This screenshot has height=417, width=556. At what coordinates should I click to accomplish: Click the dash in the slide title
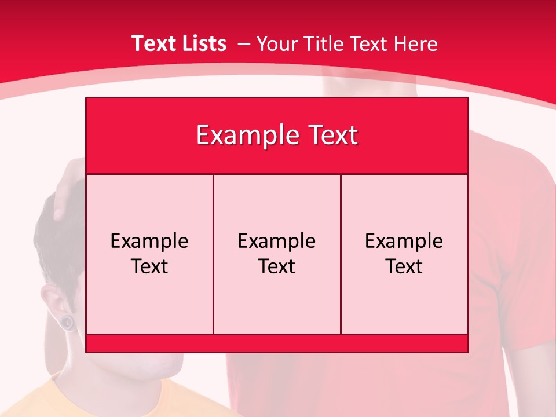[x=243, y=44]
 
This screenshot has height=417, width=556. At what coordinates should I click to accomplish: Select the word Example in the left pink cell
[x=149, y=241]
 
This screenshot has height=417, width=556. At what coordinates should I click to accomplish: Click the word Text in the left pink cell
[x=149, y=266]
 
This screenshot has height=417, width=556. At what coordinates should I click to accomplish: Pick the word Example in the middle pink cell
[x=277, y=241]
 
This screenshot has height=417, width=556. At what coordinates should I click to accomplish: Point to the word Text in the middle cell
[x=277, y=266]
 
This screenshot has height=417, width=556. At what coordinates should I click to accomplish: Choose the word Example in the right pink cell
[x=404, y=241]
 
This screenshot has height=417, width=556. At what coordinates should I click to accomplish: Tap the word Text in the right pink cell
[x=404, y=266]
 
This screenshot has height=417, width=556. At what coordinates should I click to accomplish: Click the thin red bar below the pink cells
[x=277, y=343]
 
